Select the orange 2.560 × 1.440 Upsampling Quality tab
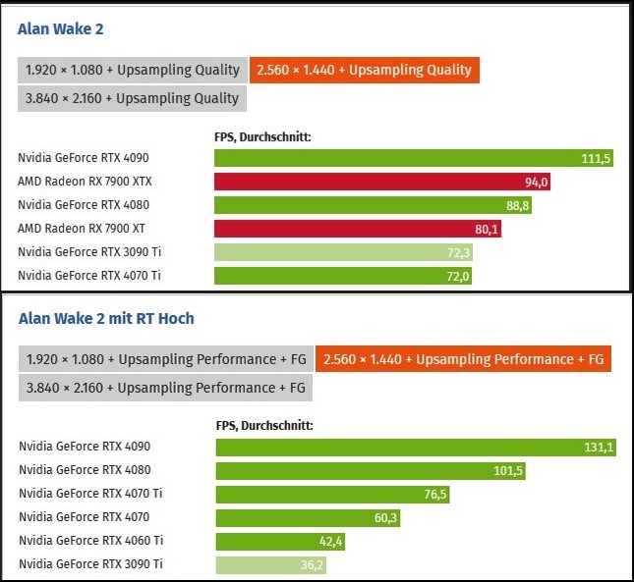tap(364, 70)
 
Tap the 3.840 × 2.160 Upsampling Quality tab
tap(131, 98)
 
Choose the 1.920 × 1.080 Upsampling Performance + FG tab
tap(163, 359)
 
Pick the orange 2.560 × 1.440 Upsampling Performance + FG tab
tap(463, 359)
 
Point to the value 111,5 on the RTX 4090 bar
tap(596, 158)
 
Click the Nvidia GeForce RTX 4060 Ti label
tap(90, 541)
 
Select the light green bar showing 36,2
tap(271, 564)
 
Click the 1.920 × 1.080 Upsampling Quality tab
tap(131, 70)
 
